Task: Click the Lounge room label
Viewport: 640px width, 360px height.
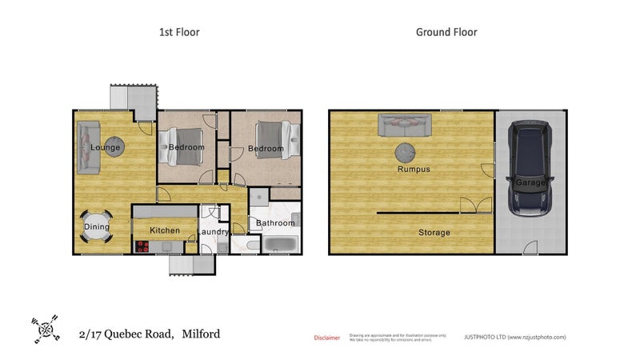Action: [106, 147]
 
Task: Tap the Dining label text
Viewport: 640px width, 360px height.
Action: [97, 227]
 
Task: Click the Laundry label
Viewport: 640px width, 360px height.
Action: [214, 233]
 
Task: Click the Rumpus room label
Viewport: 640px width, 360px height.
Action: [414, 170]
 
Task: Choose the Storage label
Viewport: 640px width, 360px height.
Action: [434, 233]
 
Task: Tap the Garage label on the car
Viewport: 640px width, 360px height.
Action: [530, 183]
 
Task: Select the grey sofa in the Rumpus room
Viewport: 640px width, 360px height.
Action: [405, 126]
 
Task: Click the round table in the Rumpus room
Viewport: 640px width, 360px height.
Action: [406, 152]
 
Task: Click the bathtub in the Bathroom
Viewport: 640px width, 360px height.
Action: [280, 245]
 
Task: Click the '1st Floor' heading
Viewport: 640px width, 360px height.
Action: [178, 33]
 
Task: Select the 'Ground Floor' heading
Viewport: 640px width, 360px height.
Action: [446, 33]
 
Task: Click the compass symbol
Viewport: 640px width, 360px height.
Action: [46, 328]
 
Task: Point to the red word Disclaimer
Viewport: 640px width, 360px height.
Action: [326, 338]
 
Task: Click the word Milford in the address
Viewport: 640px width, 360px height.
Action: [201, 334]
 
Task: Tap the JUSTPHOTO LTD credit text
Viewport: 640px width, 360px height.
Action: [515, 338]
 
